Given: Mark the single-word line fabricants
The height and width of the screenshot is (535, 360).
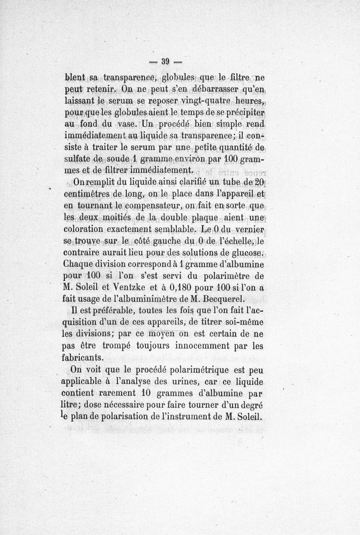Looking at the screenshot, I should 86,359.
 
